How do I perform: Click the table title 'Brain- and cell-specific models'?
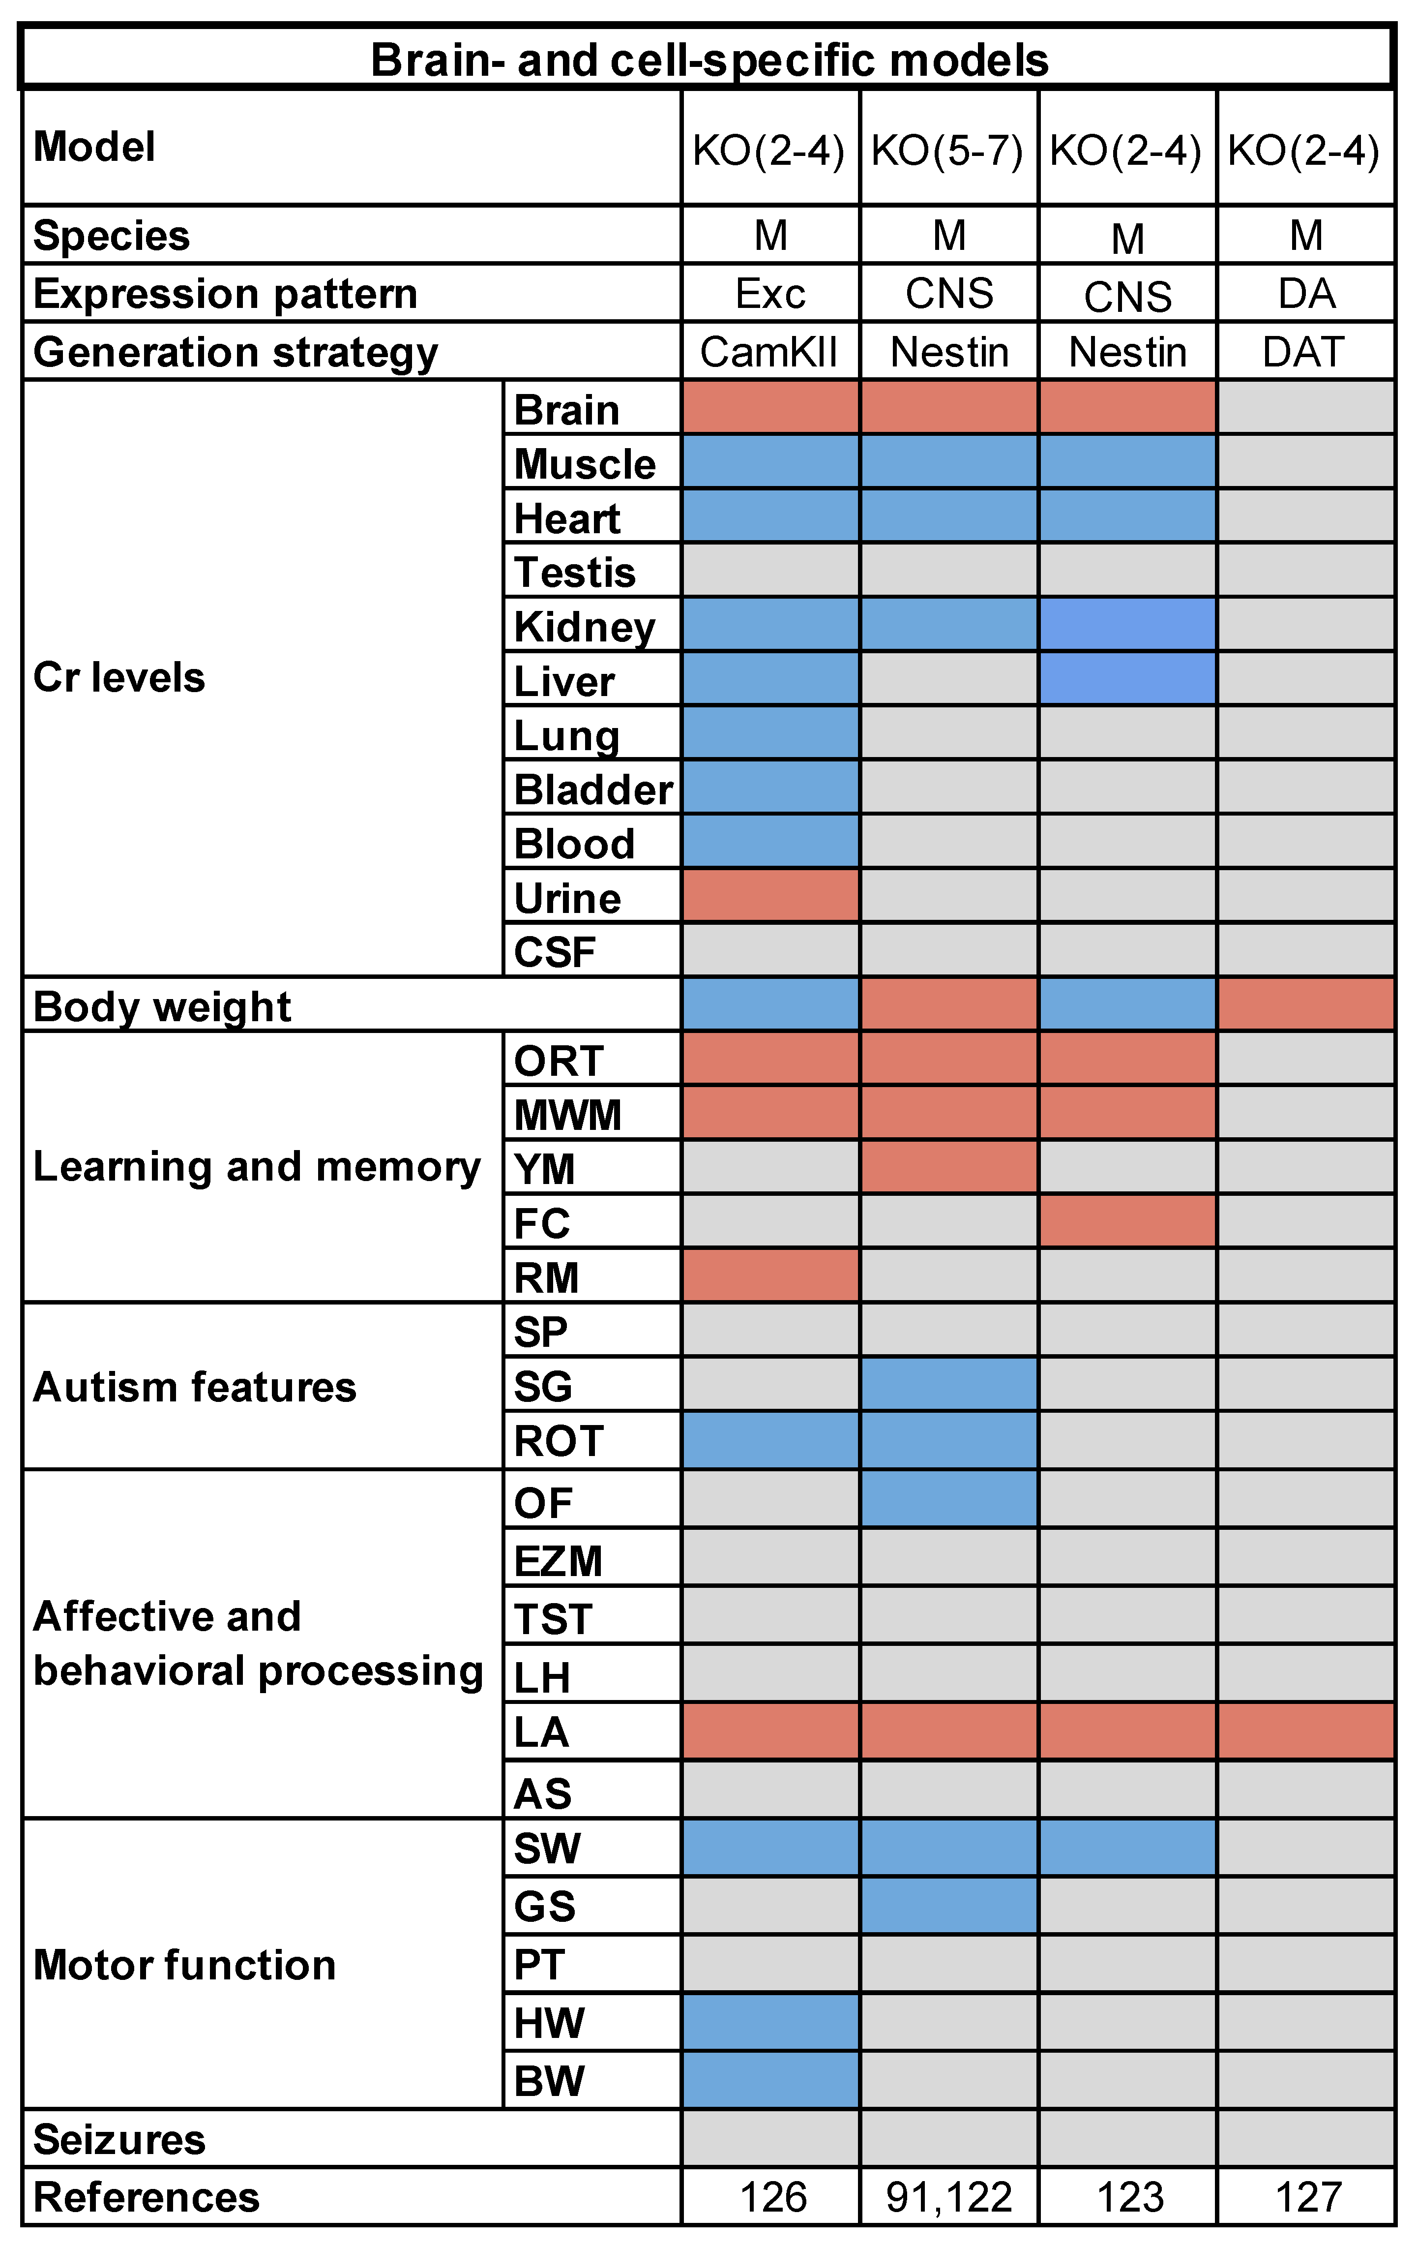click(x=709, y=60)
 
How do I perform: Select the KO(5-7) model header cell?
click(x=948, y=150)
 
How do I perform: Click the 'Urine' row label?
click(x=567, y=898)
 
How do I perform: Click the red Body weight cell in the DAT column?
click(x=1305, y=1004)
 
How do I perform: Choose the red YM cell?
click(x=948, y=1166)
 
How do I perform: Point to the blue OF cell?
click(x=948, y=1499)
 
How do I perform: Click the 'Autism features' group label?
click(x=194, y=1387)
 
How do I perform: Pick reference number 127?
click(x=1307, y=2197)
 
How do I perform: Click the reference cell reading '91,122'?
click(x=948, y=2197)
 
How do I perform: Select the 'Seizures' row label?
click(x=118, y=2139)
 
